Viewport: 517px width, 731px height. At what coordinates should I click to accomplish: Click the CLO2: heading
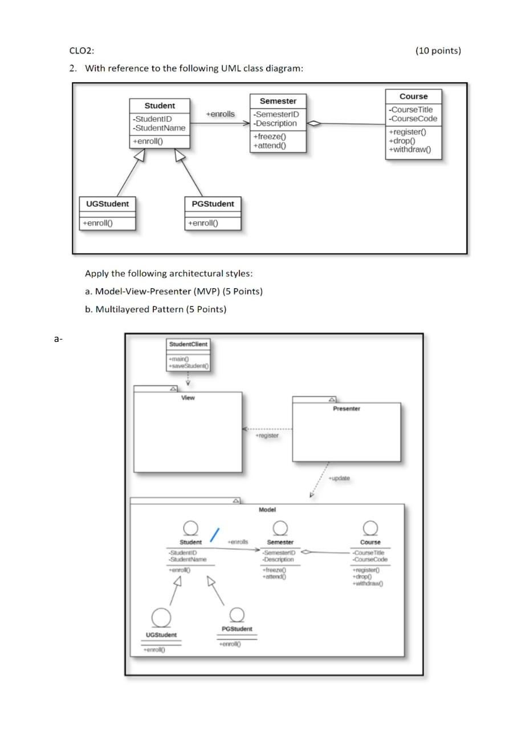pyautogui.click(x=81, y=51)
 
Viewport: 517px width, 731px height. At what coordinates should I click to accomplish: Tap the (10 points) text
pyautogui.click(x=438, y=51)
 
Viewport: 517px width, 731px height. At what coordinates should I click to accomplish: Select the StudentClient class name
pyautogui.click(x=188, y=344)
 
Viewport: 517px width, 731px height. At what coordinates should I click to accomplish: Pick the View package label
pyautogui.click(x=188, y=398)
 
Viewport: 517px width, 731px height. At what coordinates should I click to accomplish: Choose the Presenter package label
pyautogui.click(x=347, y=409)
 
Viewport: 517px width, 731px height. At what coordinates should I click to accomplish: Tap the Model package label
pyautogui.click(x=267, y=509)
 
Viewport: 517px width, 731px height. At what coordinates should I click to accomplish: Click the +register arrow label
pyautogui.click(x=267, y=435)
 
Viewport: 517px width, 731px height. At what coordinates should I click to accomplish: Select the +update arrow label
pyautogui.click(x=340, y=478)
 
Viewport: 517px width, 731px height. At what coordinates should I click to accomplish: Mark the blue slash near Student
pyautogui.click(x=214, y=535)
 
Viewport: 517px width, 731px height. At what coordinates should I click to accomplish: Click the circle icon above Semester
pyautogui.click(x=280, y=528)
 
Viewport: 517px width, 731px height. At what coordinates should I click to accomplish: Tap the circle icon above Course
pyautogui.click(x=371, y=528)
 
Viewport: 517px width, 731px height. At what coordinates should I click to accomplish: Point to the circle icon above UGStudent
pyautogui.click(x=161, y=617)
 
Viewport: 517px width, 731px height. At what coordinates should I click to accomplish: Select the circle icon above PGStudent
pyautogui.click(x=237, y=614)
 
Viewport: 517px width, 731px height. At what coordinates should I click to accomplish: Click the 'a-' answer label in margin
pyautogui.click(x=58, y=339)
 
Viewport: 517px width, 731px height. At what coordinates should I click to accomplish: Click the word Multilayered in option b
pyautogui.click(x=121, y=309)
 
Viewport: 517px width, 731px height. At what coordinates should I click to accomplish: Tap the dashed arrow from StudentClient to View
pyautogui.click(x=188, y=379)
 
